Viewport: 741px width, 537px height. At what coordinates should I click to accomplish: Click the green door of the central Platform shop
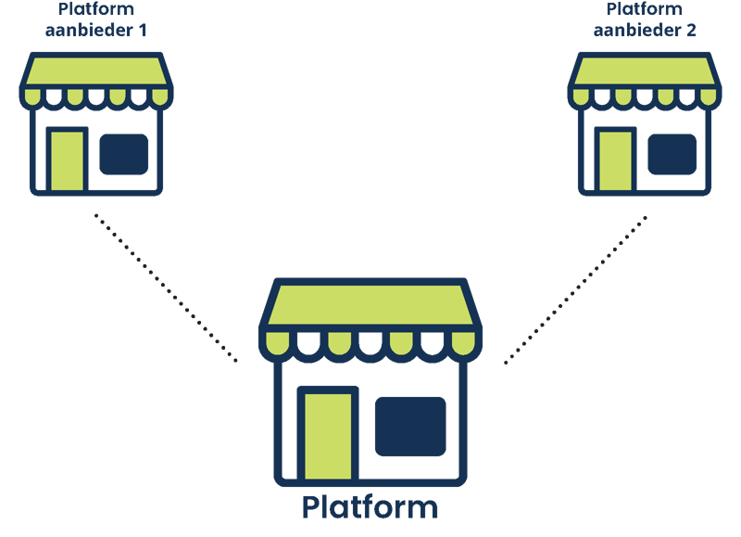coord(327,434)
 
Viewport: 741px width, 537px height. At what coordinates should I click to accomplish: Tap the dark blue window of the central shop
coord(409,426)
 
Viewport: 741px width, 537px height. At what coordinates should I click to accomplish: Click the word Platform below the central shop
coord(370,507)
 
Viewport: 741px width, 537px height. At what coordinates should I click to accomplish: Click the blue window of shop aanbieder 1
coord(123,154)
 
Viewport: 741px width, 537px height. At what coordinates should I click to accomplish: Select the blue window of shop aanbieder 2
coord(672,153)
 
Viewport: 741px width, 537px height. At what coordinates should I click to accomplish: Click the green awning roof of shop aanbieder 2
coord(645,71)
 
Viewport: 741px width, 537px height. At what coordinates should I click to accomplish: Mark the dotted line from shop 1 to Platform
coord(167,288)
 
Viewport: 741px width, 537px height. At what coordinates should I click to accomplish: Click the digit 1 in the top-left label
coord(144,30)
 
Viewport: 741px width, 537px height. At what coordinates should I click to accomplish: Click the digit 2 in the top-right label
coord(691,30)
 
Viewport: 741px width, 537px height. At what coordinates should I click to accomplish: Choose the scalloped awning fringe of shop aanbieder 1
coord(96,96)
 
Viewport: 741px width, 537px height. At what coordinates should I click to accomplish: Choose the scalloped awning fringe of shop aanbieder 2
coord(645,96)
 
